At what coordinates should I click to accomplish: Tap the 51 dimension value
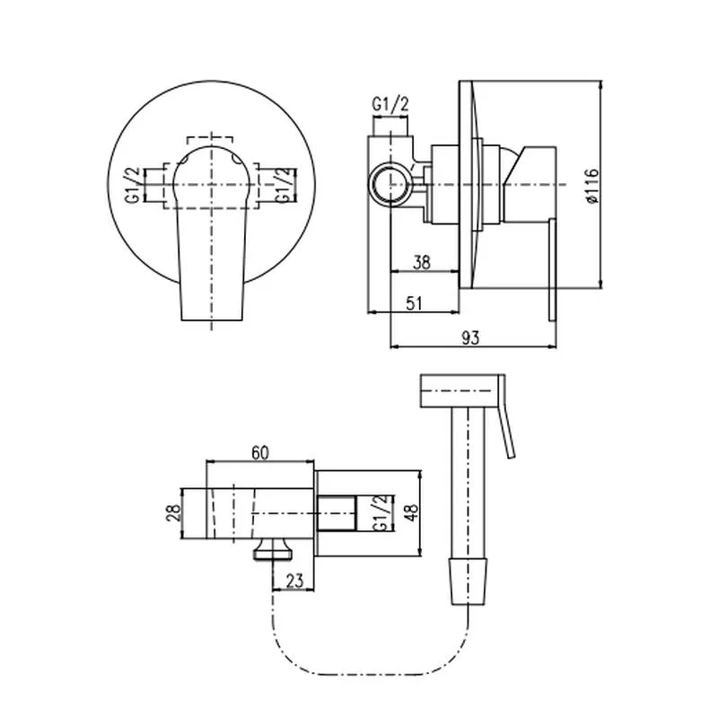413,303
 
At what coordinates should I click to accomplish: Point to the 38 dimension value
422,263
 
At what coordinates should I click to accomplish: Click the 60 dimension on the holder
259,454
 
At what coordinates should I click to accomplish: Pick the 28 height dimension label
176,513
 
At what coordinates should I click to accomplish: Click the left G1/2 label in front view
131,185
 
